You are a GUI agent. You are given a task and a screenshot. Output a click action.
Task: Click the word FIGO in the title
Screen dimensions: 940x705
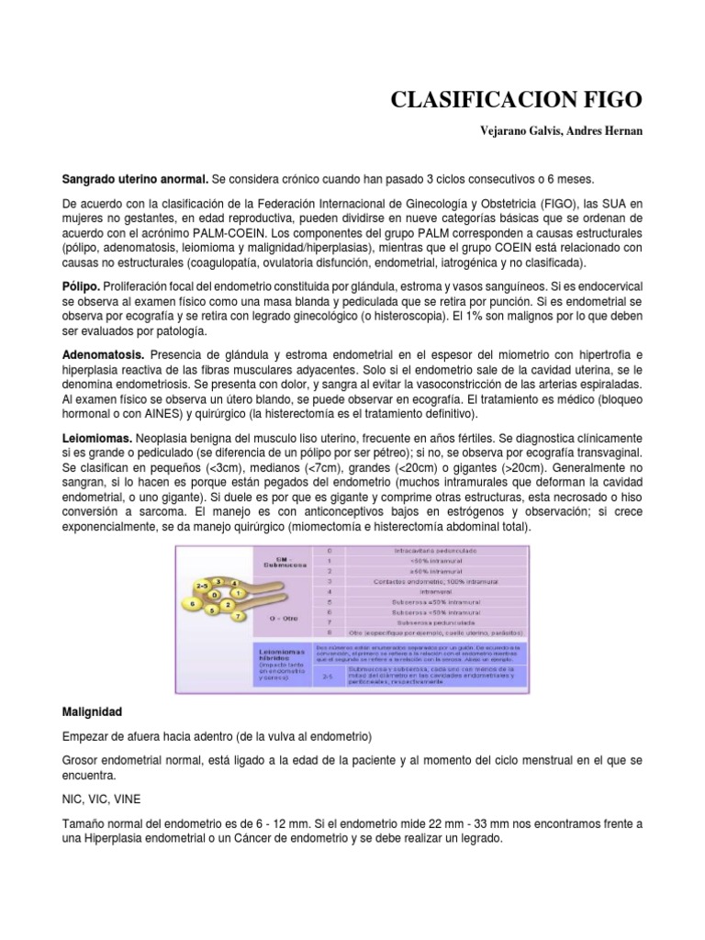(605, 99)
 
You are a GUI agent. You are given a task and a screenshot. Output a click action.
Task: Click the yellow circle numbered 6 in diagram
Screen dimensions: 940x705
(189, 604)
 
